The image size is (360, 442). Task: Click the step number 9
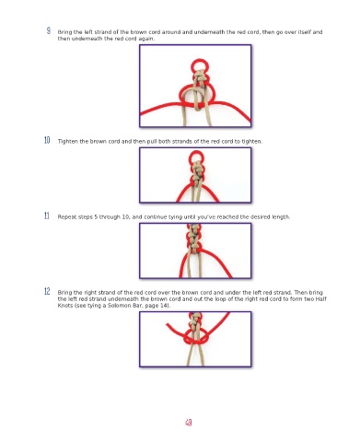(x=49, y=30)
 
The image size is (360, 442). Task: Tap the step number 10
(x=47, y=140)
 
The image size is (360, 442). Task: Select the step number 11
(x=47, y=215)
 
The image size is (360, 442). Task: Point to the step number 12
(x=47, y=291)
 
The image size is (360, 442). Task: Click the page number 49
(x=189, y=423)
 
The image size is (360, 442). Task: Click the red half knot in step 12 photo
(x=196, y=338)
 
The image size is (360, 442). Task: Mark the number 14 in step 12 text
(x=164, y=306)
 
